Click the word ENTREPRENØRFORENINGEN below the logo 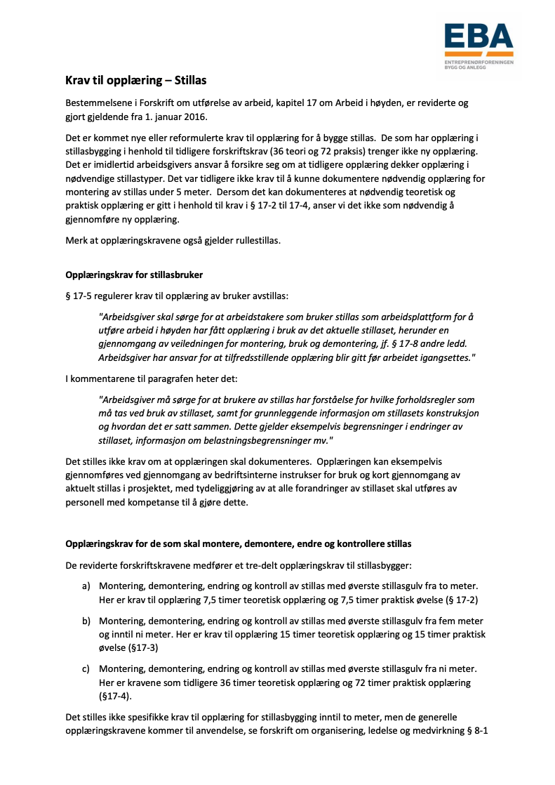click(479, 62)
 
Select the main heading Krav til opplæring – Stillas click(136, 80)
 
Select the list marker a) click(86, 586)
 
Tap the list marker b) click(86, 621)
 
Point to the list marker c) click(86, 669)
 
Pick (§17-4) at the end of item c click(116, 695)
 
